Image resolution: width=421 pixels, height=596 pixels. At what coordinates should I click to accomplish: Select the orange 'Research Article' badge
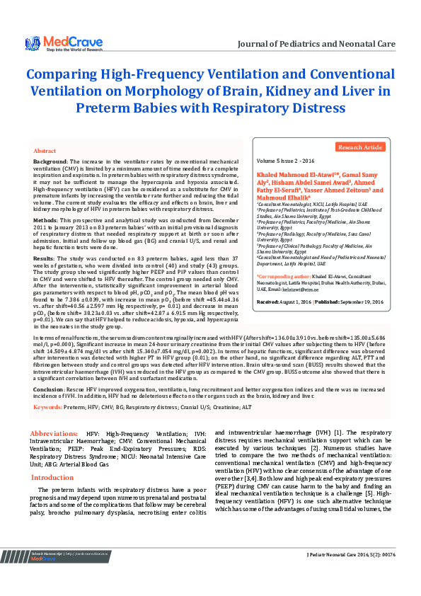361,147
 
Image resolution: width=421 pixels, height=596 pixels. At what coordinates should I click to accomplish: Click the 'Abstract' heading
45,151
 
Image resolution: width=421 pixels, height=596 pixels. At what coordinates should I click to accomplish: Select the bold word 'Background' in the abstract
50,162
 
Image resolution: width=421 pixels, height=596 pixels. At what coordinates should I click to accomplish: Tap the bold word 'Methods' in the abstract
47,221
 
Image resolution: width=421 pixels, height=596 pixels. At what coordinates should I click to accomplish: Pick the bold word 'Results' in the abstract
44,260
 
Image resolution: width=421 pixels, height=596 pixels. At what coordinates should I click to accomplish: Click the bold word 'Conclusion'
50,389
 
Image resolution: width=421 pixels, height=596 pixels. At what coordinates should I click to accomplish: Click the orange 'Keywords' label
48,407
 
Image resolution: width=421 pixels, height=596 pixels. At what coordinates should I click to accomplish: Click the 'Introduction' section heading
52,478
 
